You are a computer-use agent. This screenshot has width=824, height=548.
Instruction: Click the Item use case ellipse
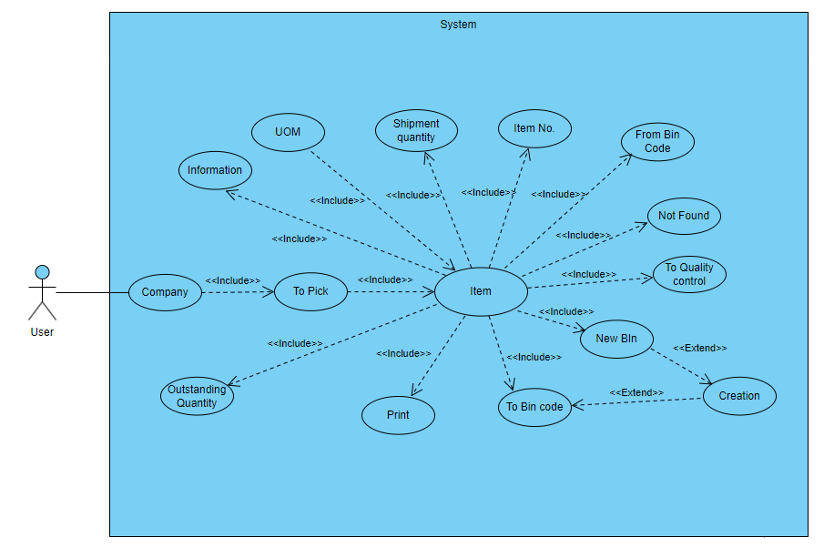(481, 292)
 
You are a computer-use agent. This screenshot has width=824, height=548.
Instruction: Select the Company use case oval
(165, 292)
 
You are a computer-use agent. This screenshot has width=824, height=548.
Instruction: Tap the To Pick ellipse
(311, 291)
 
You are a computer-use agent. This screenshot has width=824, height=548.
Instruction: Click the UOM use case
(288, 132)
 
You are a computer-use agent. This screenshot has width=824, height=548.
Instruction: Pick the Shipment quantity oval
(416, 130)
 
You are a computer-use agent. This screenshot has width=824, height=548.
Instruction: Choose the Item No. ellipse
(534, 128)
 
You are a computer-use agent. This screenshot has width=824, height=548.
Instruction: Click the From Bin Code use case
(657, 142)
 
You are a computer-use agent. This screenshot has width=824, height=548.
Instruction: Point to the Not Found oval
(684, 216)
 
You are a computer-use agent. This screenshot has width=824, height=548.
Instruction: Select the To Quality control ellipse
(689, 274)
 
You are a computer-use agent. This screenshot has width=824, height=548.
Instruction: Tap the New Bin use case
(616, 339)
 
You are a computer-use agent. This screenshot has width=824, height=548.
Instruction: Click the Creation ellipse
(739, 396)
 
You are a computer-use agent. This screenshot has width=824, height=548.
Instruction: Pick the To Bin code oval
(534, 407)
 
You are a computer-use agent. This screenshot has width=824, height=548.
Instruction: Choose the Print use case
(398, 415)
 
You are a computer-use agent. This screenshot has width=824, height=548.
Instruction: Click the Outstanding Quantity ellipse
(197, 396)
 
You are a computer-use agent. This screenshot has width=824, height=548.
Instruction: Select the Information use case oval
(215, 170)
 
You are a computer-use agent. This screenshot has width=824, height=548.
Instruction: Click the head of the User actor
(42, 271)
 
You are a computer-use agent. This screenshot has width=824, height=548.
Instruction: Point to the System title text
(458, 25)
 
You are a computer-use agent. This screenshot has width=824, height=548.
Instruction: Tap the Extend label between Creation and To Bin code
(636, 392)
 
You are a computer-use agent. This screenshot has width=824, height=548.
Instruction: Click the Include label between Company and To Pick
(233, 280)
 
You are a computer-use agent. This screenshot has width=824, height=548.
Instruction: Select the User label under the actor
(42, 332)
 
